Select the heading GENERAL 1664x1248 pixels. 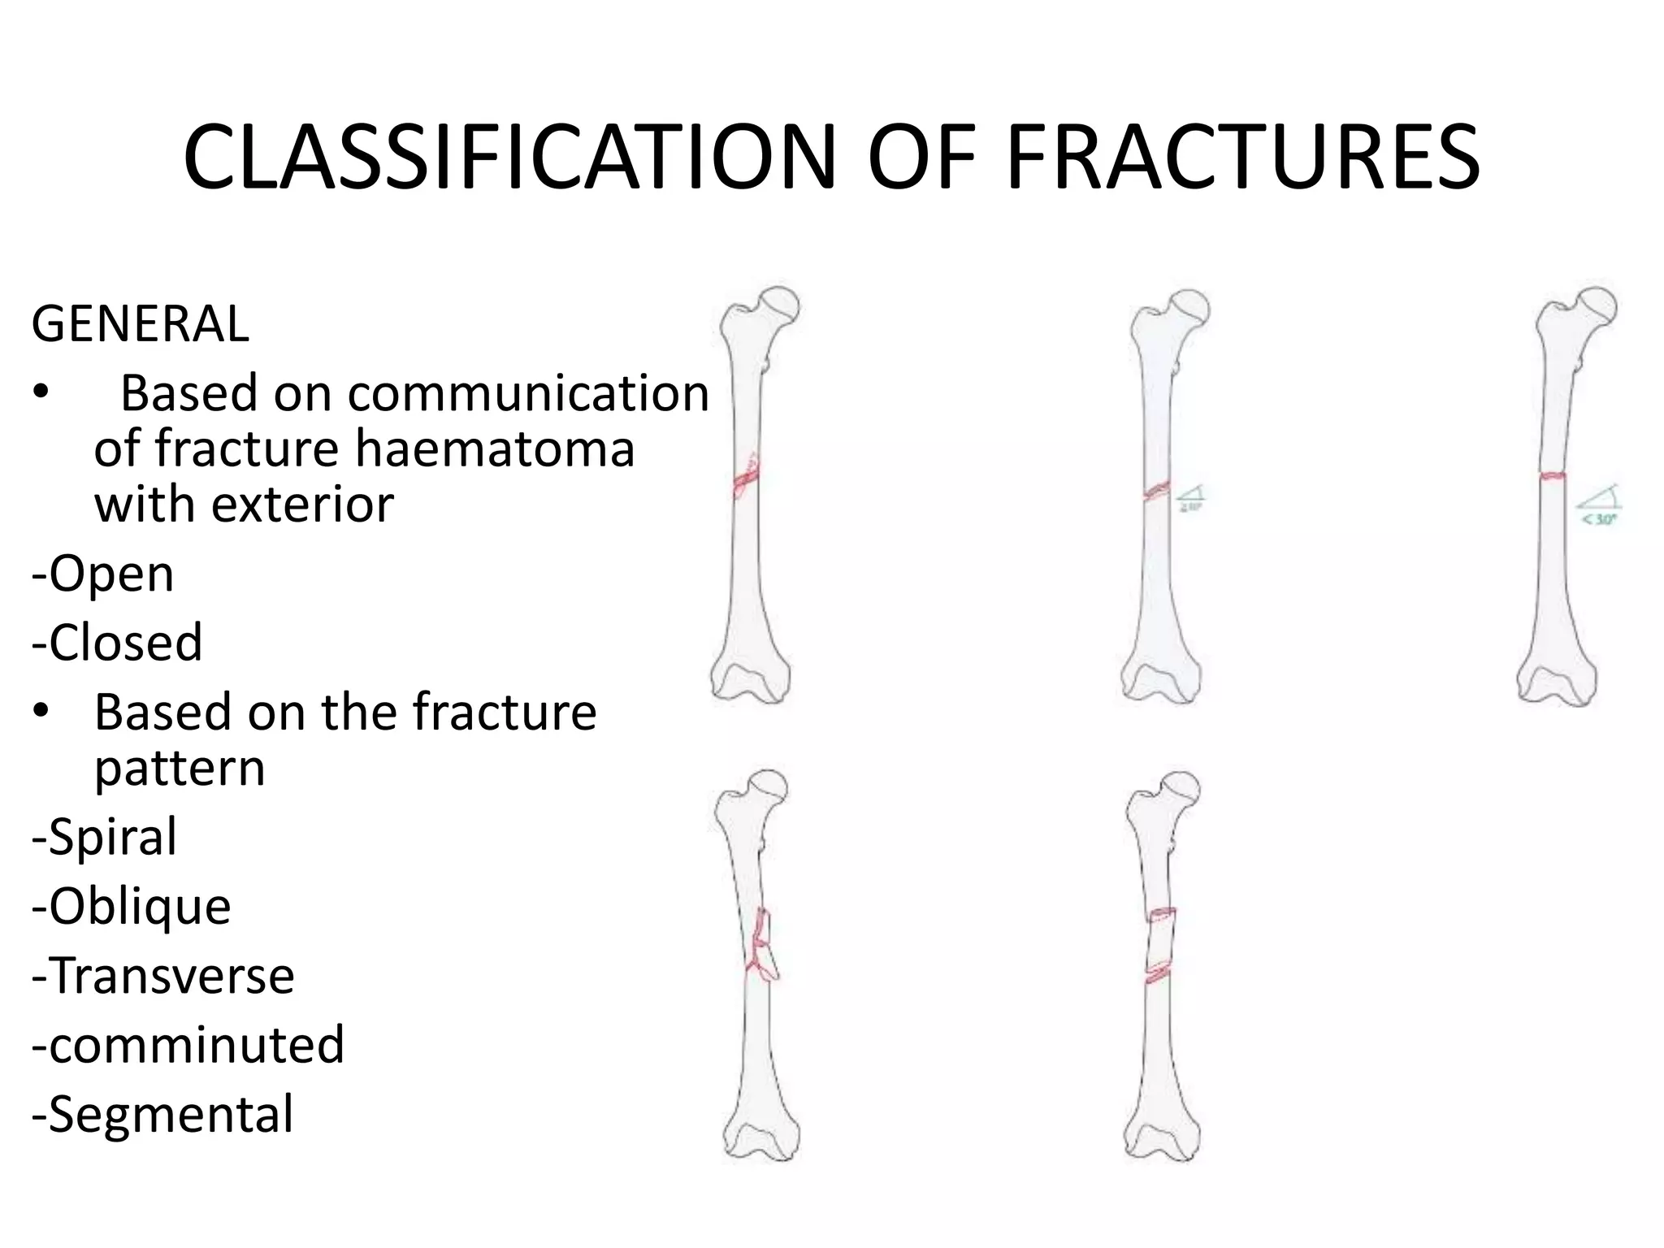[140, 324]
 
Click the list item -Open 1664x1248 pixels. [103, 574]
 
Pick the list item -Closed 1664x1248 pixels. [117, 643]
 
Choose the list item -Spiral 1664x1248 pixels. [104, 837]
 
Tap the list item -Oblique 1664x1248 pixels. [132, 906]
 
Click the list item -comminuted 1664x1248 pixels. [188, 1045]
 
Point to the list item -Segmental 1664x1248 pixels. [162, 1114]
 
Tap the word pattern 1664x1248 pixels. [180, 768]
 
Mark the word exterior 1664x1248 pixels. [302, 505]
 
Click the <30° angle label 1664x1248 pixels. [1598, 518]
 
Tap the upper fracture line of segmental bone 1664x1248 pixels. [1163, 915]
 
